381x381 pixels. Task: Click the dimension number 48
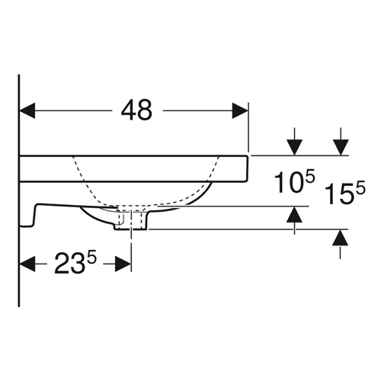coord(136,110)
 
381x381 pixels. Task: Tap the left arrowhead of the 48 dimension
coord(27,111)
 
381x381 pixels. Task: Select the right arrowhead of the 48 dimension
coord(240,111)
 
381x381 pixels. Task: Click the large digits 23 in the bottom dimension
coord(69,264)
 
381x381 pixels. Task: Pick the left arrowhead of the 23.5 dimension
coord(27,264)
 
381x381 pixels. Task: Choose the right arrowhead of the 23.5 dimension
coord(123,264)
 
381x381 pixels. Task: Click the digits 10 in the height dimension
coord(288,182)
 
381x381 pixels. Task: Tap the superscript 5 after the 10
coord(309,176)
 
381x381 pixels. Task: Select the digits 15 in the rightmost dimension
coord(339,194)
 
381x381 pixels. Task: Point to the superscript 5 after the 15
coord(360,187)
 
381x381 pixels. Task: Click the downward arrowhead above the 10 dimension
coord(294,147)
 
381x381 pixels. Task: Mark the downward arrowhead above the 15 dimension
coord(341,147)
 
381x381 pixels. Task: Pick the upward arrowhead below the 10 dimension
coord(294,215)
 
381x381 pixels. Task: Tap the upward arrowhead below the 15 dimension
coord(340,238)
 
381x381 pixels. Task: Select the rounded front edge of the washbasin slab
coord(246,168)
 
